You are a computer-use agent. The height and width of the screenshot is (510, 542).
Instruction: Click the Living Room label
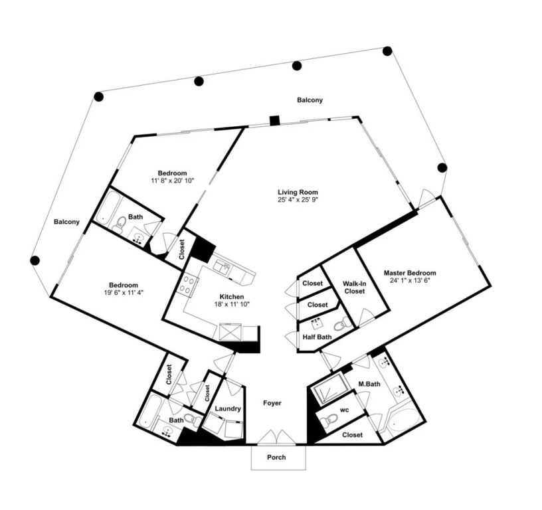tap(298, 192)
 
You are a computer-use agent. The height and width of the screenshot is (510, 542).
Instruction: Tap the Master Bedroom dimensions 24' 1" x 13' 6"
tap(410, 281)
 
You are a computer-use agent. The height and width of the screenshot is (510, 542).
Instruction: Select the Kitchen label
tap(232, 296)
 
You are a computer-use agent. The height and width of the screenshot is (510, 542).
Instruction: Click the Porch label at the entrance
tap(276, 457)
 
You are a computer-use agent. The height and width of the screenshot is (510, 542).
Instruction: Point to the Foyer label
tap(272, 403)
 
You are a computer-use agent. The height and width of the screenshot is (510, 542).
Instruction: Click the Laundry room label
tap(228, 408)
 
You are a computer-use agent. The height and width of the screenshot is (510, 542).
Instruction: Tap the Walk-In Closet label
tap(354, 287)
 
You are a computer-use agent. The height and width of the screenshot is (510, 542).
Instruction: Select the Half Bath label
tap(317, 337)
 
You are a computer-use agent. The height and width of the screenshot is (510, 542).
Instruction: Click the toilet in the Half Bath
tap(341, 323)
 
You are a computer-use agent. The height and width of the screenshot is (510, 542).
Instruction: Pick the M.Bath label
tap(369, 384)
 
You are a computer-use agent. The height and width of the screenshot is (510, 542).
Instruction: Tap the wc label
tap(344, 410)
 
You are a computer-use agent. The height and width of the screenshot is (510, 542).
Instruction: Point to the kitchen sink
tap(223, 268)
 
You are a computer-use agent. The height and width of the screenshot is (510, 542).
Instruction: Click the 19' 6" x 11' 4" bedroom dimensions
tap(124, 292)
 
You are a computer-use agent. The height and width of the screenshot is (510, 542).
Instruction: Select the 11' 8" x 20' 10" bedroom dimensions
tap(173, 180)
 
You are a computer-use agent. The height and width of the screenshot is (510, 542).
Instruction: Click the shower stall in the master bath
tap(327, 389)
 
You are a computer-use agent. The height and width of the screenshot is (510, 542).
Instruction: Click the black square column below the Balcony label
tap(275, 121)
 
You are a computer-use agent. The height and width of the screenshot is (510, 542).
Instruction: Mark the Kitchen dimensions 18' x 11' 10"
tap(232, 303)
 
